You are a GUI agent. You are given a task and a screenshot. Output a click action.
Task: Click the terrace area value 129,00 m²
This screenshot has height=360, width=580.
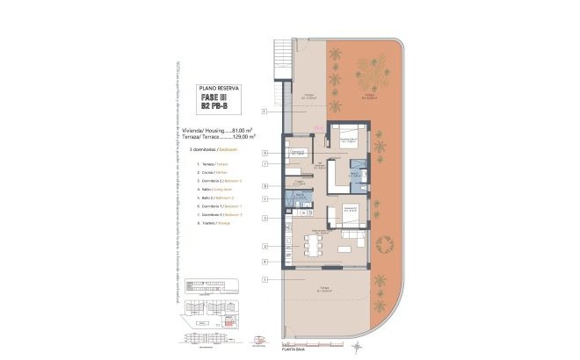tap(243, 137)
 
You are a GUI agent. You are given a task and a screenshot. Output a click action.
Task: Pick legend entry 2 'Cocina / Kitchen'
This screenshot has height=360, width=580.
tap(208, 172)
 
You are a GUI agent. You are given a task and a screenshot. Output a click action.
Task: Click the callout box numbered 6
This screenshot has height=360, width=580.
tap(264, 153)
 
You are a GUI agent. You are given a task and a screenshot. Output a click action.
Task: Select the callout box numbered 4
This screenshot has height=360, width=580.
tap(264, 262)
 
